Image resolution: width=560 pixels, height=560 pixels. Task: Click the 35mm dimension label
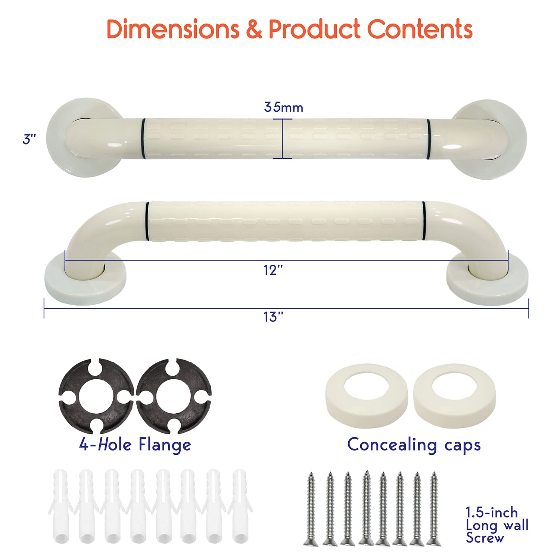coord(283,108)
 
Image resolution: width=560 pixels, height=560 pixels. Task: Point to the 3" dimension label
coord(29,139)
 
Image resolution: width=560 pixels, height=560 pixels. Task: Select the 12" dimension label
coord(273,270)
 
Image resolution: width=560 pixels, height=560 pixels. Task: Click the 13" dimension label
coord(273,317)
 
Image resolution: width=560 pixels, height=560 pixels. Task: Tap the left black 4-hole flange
coord(96,396)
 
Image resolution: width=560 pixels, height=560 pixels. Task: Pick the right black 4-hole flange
coord(174,396)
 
